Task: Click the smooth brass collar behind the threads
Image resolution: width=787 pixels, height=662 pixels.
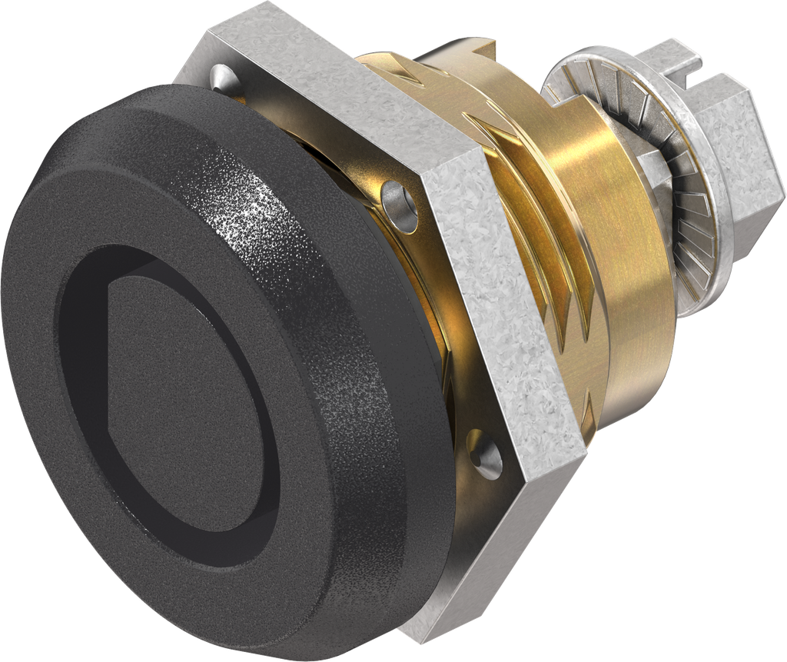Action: point(623,308)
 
